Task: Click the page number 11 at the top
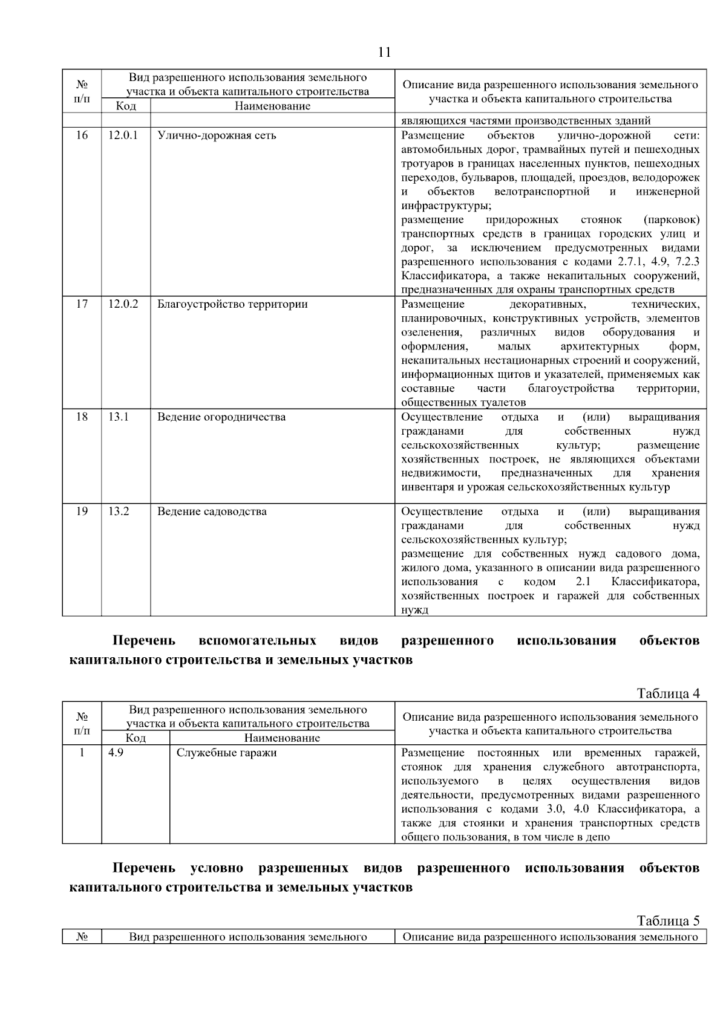pos(384,52)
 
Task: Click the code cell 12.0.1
pos(123,135)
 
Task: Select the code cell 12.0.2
pos(123,304)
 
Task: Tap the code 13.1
pos(119,417)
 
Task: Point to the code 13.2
pos(119,511)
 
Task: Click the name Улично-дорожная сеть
pos(217,135)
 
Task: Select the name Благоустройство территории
pos(232,304)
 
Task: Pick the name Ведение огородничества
pos(221,417)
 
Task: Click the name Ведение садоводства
pos(212,511)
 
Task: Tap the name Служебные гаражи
pos(226,753)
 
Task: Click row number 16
pos(82,135)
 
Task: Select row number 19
pos(82,511)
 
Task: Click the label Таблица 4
pos(669,693)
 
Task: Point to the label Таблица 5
pos(669,921)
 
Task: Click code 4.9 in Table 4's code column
pos(116,753)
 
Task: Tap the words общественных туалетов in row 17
pos(463,403)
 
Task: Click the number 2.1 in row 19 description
pos(583,582)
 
